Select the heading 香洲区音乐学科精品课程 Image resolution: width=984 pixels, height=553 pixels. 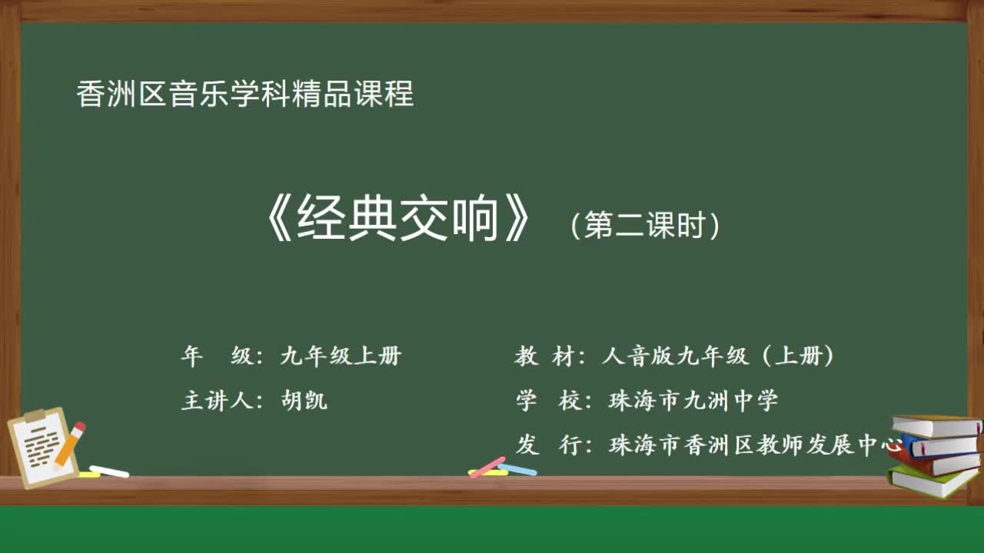pos(245,94)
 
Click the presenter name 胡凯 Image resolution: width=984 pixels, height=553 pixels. pos(304,400)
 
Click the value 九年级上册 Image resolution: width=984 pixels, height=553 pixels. pos(341,356)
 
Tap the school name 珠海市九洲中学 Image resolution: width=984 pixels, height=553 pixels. pos(693,400)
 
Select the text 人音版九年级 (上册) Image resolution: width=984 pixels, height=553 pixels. pos(718,356)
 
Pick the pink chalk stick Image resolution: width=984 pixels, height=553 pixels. pos(487,467)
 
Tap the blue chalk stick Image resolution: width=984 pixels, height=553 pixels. pos(517,469)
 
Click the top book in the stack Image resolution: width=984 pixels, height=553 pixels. pos(936,426)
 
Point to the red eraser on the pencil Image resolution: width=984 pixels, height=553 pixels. pos(79,426)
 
